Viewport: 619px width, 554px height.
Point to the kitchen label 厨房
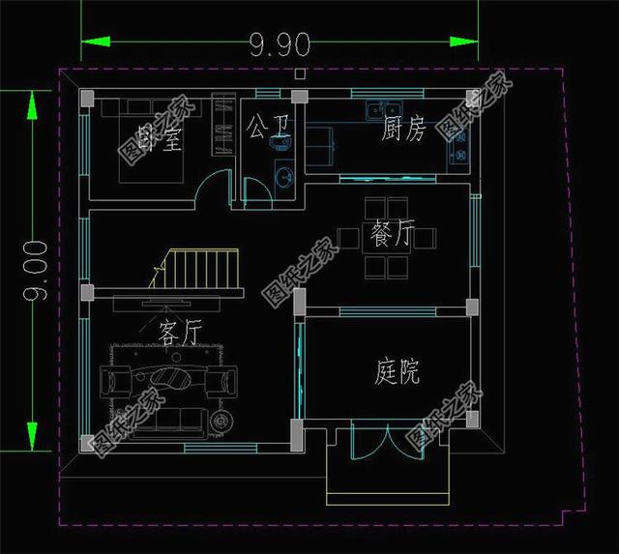tap(403, 131)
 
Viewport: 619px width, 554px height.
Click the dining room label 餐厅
tap(392, 235)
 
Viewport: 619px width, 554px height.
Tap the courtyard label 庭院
tap(397, 372)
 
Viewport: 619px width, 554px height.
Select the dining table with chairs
tap(385, 237)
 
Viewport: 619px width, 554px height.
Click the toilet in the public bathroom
tap(280, 144)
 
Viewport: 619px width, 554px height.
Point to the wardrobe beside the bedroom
tap(223, 126)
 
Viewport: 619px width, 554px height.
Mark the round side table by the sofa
tap(222, 420)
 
